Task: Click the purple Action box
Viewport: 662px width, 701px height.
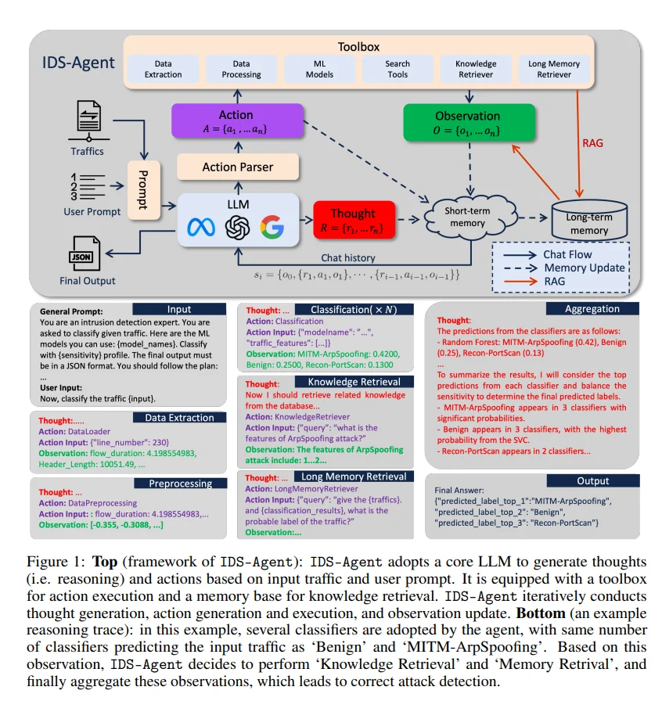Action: [236, 121]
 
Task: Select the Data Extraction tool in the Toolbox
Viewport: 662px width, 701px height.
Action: [163, 69]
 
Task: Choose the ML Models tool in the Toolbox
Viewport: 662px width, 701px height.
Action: [319, 69]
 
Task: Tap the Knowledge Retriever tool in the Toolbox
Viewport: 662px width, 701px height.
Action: [476, 69]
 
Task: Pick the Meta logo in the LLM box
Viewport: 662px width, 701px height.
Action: [201, 228]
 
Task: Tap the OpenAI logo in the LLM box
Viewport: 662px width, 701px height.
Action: [237, 228]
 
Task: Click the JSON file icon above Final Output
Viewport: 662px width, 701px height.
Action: [81, 256]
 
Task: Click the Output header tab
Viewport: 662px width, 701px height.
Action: [592, 480]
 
